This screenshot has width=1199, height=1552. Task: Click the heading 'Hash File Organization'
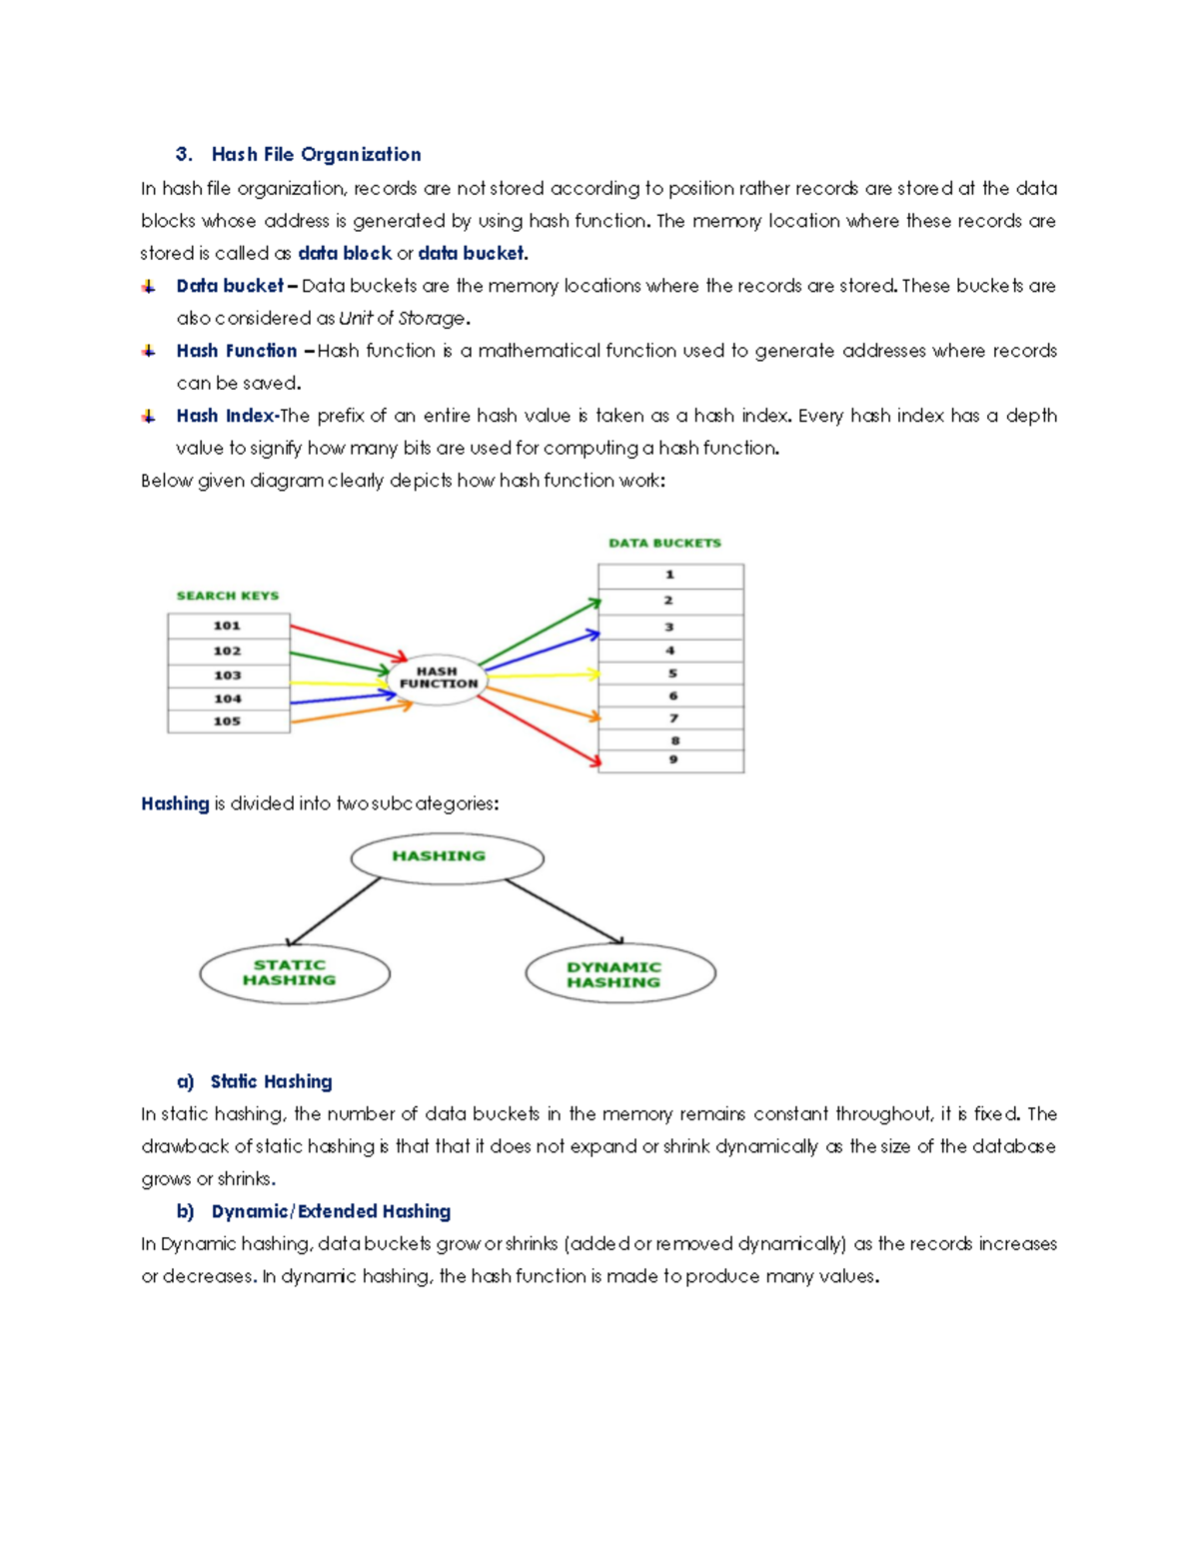click(x=316, y=154)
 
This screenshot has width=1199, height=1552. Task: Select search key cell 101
click(x=229, y=626)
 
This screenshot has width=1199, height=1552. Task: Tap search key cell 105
click(x=229, y=721)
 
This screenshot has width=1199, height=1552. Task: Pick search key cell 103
click(x=229, y=675)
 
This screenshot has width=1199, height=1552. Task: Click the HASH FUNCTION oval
click(x=438, y=679)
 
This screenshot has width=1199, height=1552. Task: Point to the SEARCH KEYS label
click(x=228, y=596)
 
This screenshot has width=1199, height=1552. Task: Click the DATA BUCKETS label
click(x=664, y=543)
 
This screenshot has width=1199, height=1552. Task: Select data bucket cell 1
click(x=670, y=576)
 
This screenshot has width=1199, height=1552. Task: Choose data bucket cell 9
click(x=671, y=761)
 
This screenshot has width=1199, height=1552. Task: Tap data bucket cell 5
click(x=671, y=674)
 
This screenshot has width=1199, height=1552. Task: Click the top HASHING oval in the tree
click(x=447, y=857)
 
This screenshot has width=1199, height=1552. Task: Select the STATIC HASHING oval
click(x=294, y=973)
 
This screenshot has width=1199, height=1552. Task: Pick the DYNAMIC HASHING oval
click(x=619, y=974)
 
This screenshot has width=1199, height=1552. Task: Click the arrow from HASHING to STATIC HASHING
click(x=334, y=912)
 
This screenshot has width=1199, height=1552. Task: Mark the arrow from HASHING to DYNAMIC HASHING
click(x=565, y=910)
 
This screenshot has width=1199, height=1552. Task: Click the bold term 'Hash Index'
click(x=226, y=416)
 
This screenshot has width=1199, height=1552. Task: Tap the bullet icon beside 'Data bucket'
click(x=149, y=287)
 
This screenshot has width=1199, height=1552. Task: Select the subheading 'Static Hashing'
click(x=271, y=1081)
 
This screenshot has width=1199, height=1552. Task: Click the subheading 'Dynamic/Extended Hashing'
click(x=331, y=1211)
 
